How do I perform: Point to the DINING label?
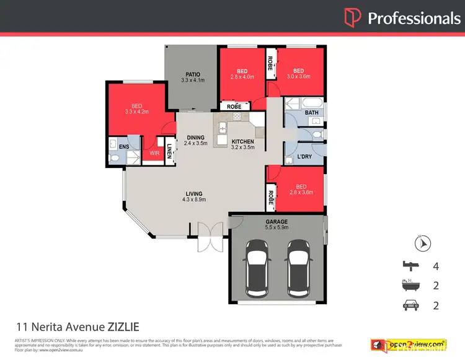point(194,138)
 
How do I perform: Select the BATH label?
point(312,113)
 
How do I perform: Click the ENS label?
point(125,146)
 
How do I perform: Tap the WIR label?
point(154,151)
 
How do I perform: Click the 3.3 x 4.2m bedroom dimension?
point(137,112)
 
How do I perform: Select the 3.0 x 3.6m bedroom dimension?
point(299,77)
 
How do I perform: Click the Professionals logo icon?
point(353,17)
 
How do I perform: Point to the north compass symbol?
point(423,244)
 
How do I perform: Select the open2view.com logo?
point(408,344)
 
